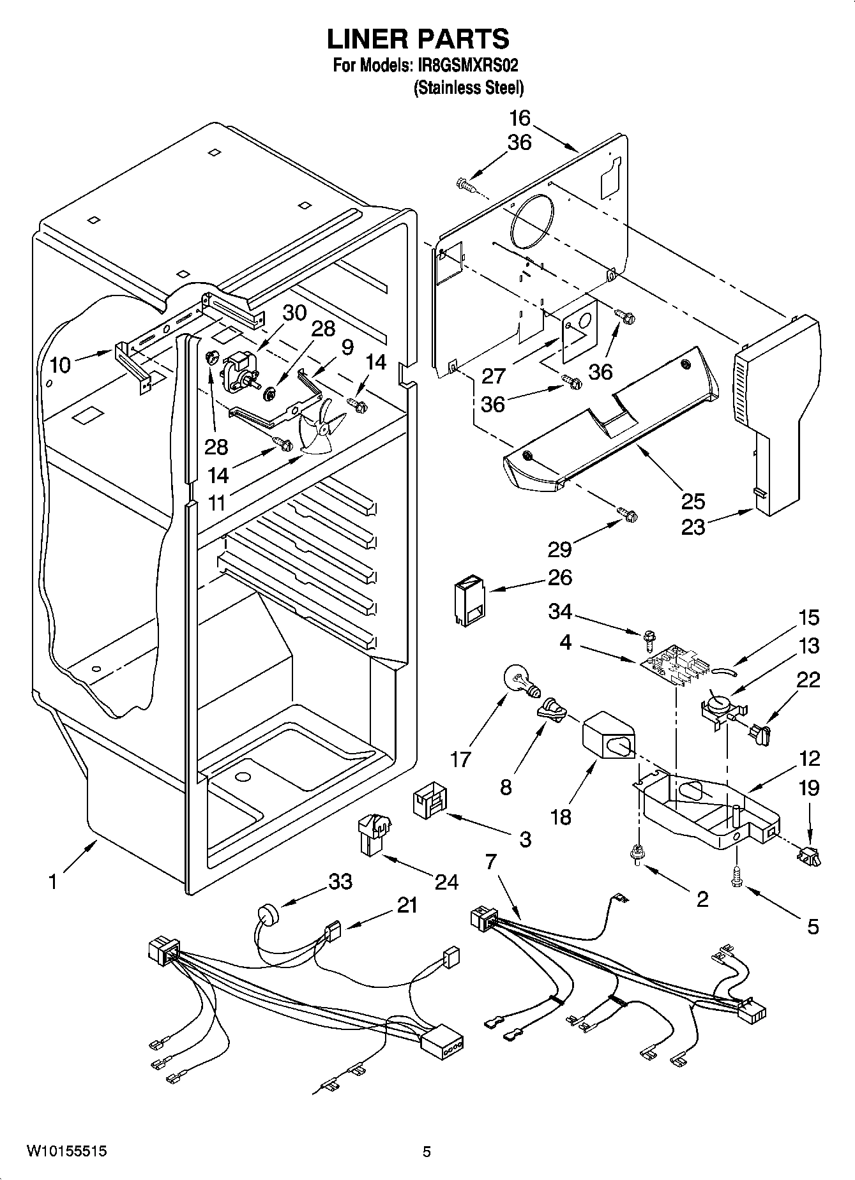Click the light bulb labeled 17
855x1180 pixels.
[520, 680]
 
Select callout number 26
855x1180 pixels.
[559, 578]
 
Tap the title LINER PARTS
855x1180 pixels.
[418, 38]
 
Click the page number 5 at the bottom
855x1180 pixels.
[427, 1151]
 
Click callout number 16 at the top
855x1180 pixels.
[520, 118]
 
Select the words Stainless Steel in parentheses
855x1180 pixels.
[468, 88]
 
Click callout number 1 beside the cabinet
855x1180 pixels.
[52, 882]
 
